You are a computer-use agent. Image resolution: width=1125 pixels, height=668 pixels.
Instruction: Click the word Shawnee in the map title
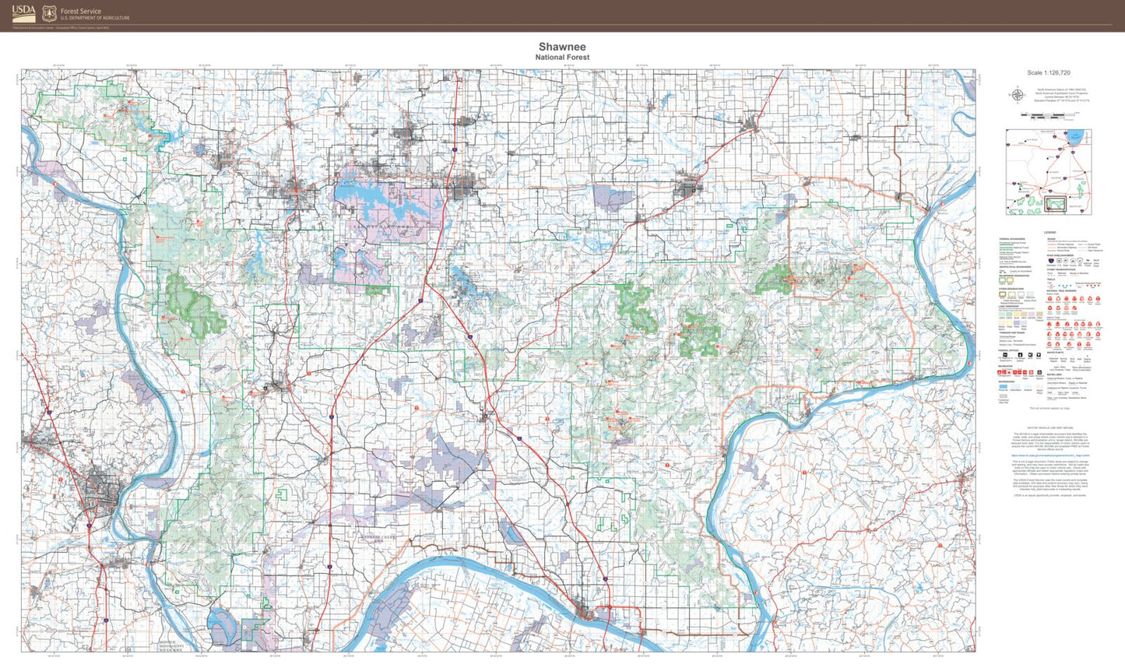pyautogui.click(x=562, y=47)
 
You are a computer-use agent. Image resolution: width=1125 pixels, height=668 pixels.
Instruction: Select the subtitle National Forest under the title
pyautogui.click(x=562, y=58)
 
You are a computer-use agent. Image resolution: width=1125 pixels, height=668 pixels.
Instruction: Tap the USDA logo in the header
pyautogui.click(x=23, y=13)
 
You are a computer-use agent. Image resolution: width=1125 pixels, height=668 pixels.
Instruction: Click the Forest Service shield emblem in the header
pyautogui.click(x=50, y=13)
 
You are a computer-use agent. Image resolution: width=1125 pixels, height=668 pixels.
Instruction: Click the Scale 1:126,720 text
pyautogui.click(x=1048, y=72)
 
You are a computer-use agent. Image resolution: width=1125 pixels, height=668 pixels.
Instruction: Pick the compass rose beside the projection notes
pyautogui.click(x=1017, y=95)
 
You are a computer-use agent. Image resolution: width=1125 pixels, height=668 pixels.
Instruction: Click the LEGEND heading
pyautogui.click(x=1049, y=232)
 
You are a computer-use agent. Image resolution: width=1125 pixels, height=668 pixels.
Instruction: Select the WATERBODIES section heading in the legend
pyautogui.click(x=1009, y=381)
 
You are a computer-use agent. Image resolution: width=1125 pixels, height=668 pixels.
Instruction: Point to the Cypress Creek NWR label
pyautogui.click(x=378, y=537)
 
